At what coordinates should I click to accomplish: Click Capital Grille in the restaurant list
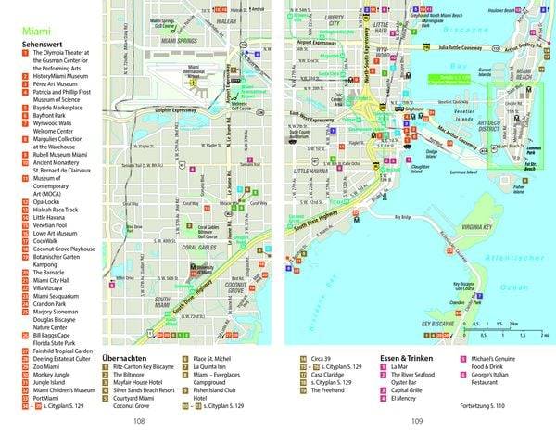pos(408,389)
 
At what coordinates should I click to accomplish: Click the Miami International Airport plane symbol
pos(193,82)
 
